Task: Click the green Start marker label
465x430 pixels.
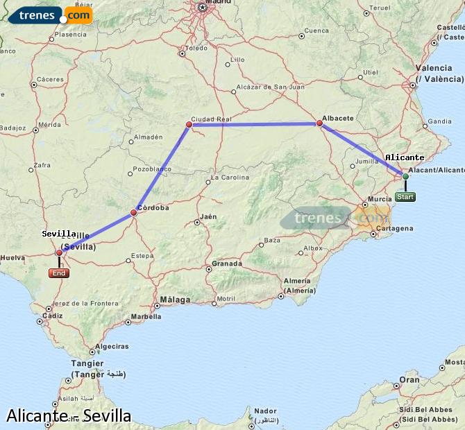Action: (405, 197)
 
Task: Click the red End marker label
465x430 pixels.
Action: (59, 273)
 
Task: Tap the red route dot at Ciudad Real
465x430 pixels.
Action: (189, 125)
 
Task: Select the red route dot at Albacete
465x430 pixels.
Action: (319, 123)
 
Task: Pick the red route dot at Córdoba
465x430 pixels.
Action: (134, 212)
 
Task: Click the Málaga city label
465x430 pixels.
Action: (175, 300)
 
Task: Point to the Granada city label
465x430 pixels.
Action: (227, 264)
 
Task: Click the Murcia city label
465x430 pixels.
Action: (380, 199)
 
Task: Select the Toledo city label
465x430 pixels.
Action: (197, 49)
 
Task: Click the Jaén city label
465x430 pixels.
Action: (208, 217)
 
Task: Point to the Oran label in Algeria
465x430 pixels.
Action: (409, 379)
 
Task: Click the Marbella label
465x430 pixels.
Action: (146, 317)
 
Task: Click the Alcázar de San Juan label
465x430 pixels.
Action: (270, 87)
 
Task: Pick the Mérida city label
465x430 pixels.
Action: (50, 125)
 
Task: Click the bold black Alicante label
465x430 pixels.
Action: (405, 157)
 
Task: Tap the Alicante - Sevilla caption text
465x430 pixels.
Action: (69, 415)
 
